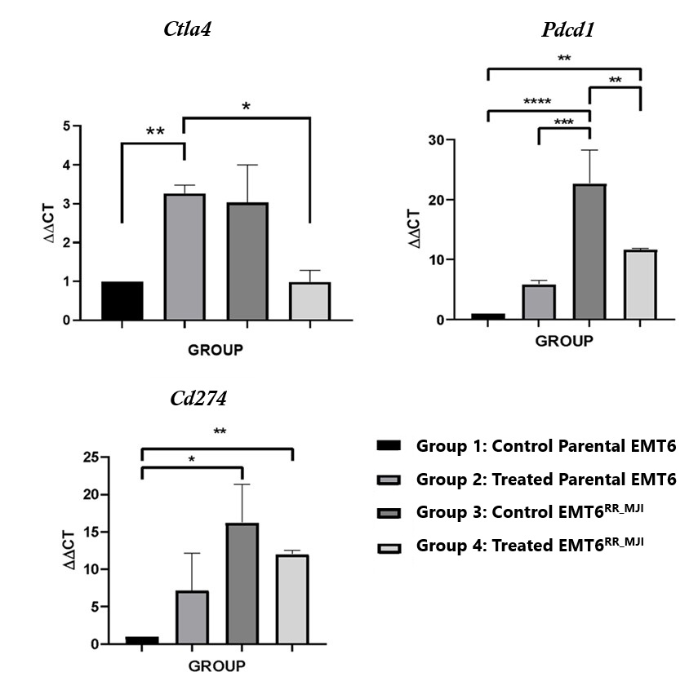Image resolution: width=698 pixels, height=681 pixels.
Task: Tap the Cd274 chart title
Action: [199, 399]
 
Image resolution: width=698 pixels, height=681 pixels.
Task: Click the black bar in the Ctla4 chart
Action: [122, 301]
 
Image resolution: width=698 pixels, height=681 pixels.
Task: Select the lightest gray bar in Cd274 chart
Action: [291, 599]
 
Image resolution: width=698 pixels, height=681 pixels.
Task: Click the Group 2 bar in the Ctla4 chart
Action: [185, 257]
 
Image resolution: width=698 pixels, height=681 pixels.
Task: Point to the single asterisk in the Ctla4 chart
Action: [246, 108]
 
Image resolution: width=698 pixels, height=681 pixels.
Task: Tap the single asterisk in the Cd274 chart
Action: [191, 460]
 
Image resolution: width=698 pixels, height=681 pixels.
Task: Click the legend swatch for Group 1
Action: [389, 445]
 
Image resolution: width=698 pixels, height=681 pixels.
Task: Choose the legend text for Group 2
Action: [546, 479]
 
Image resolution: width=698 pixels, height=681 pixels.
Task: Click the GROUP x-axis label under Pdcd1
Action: [564, 341]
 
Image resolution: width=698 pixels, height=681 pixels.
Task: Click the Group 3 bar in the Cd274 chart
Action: [242, 583]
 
